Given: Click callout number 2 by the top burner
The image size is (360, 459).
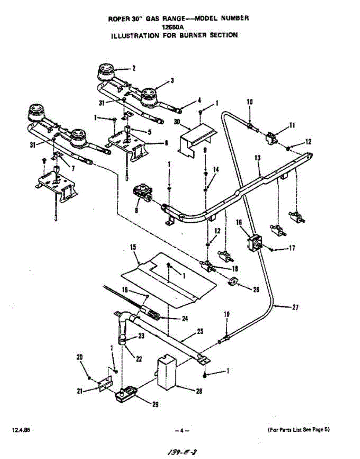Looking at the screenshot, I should pyautogui.click(x=134, y=68).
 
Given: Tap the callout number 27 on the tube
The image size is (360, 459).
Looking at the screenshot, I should pyautogui.click(x=295, y=307).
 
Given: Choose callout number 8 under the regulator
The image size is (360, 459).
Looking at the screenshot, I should pyautogui.click(x=136, y=210).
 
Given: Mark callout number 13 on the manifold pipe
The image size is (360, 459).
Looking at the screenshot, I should pyautogui.click(x=257, y=158).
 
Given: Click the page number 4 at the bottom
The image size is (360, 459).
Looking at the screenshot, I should pyautogui.click(x=182, y=430).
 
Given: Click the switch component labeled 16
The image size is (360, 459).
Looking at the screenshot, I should pyautogui.click(x=254, y=242).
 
